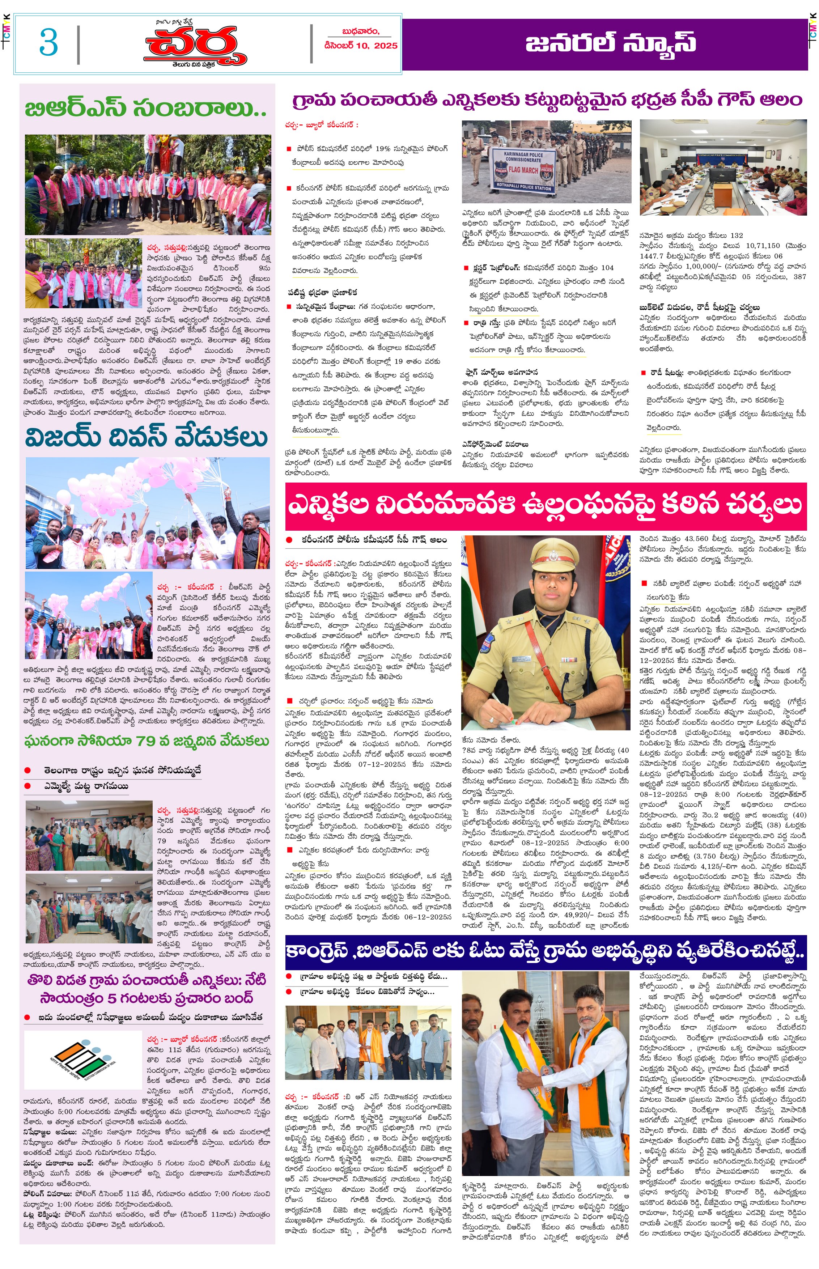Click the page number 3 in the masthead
(48, 43)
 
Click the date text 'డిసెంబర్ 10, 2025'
(361, 46)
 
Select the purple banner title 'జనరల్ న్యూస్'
(611, 43)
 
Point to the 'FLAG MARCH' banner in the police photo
(523, 170)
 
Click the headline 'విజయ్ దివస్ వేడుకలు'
(146, 437)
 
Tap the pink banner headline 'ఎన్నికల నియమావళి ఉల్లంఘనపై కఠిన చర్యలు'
(545, 505)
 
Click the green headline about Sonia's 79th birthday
(147, 741)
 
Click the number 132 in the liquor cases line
(736, 235)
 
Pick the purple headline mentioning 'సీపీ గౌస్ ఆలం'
(547, 100)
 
